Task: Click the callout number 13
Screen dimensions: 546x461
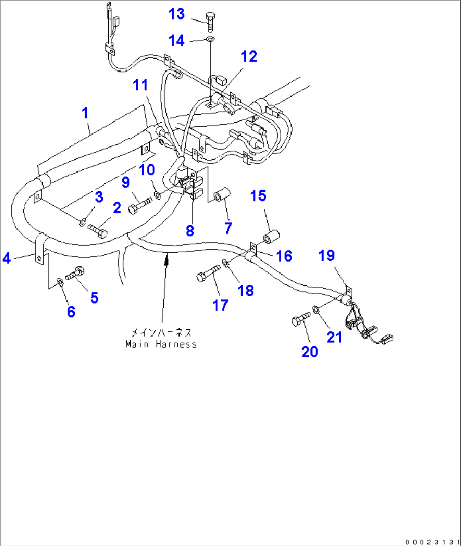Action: [176, 14]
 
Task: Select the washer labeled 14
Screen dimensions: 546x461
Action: [210, 40]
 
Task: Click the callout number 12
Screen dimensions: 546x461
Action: [249, 56]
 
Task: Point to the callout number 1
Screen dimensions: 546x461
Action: [85, 113]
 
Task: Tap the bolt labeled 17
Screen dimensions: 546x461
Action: [209, 273]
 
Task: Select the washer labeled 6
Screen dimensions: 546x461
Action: [60, 281]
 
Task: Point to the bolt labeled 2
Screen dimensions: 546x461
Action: [98, 231]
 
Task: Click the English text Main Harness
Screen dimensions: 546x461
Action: [161, 345]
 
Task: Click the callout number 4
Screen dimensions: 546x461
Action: [6, 258]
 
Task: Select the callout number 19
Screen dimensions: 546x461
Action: [327, 255]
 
